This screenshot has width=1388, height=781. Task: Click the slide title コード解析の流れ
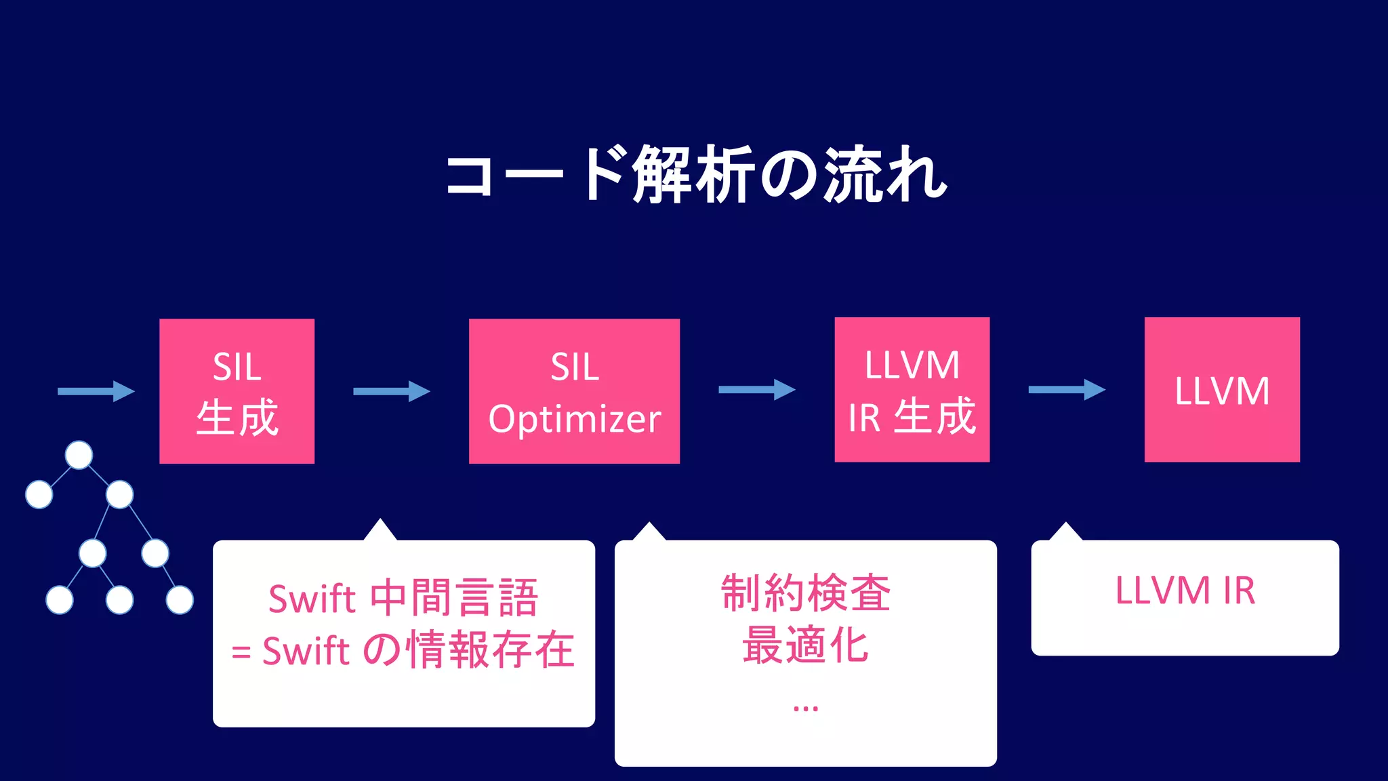[695, 175]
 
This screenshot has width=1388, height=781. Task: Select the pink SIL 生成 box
[237, 390]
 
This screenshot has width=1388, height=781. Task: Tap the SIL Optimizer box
[574, 390]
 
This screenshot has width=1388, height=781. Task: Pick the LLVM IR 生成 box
[912, 389]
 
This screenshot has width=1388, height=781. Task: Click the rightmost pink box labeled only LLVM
[1222, 389]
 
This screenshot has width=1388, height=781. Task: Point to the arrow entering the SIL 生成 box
[96, 391]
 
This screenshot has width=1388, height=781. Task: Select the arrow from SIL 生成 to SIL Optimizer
[391, 391]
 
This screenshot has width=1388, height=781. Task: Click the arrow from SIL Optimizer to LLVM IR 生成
[756, 389]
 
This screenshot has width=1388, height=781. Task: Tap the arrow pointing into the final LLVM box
[1066, 389]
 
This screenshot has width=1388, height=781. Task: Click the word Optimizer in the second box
[574, 419]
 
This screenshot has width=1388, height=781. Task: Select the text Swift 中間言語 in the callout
[403, 598]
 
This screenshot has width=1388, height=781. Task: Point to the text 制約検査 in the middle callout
[805, 593]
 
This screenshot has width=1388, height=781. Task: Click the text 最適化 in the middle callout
[805, 645]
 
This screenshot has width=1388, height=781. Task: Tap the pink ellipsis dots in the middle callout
[805, 708]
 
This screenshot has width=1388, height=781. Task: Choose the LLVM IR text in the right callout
[1185, 590]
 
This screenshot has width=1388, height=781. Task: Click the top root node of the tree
[79, 455]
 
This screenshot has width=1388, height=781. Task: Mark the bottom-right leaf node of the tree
[180, 600]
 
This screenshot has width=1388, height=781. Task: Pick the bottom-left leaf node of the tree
[60, 600]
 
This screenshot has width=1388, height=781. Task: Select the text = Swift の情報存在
[403, 650]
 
